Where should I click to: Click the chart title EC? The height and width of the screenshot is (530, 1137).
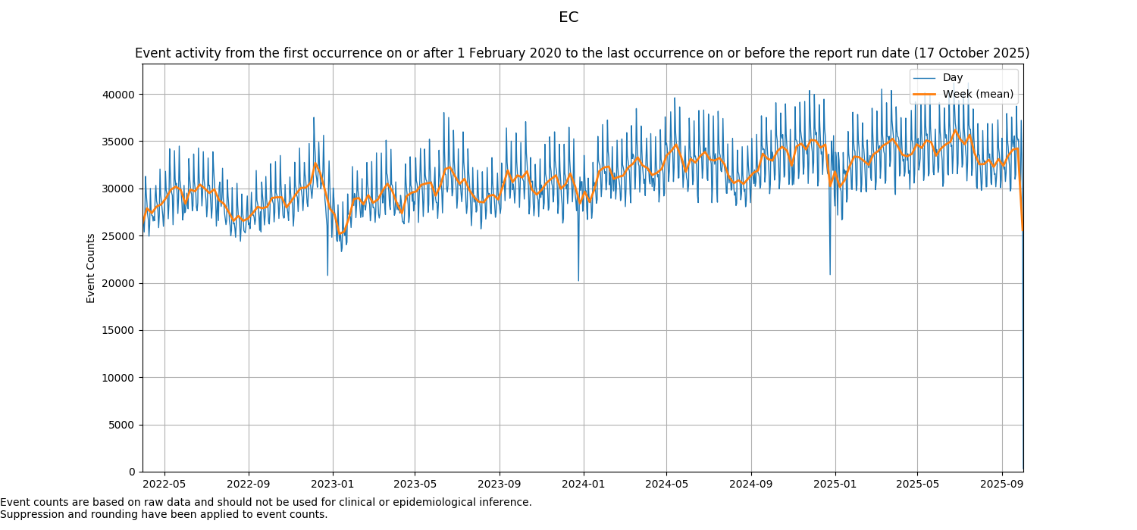click(x=568, y=17)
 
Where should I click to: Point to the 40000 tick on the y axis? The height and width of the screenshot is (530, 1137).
click(x=117, y=95)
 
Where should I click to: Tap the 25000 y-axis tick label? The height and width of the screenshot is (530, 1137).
click(x=117, y=236)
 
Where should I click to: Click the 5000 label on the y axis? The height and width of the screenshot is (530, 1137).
click(x=121, y=425)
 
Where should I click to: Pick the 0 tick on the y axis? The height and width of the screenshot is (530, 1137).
click(x=132, y=472)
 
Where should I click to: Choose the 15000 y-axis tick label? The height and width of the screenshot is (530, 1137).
click(x=117, y=330)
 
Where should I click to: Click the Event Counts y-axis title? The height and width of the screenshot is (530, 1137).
click(x=91, y=268)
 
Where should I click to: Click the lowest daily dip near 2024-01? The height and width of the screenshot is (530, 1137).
click(x=578, y=281)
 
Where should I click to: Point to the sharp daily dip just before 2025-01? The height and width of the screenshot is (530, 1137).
click(x=830, y=274)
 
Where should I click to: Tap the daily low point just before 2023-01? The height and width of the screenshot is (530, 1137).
click(x=327, y=275)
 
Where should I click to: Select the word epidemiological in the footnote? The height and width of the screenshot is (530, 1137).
click(x=422, y=502)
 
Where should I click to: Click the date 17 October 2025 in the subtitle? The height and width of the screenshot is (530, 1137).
click(x=969, y=53)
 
